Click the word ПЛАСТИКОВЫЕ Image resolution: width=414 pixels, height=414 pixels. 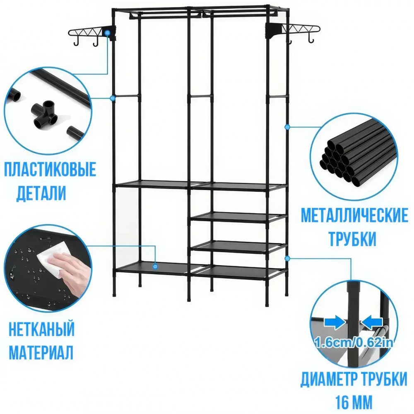(x=50, y=170)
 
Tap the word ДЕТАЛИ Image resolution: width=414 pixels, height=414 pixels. (x=41, y=193)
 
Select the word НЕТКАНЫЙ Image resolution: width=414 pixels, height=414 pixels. (x=42, y=329)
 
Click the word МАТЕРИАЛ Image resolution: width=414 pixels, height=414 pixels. (x=41, y=351)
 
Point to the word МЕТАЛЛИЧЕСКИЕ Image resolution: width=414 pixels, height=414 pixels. (x=355, y=215)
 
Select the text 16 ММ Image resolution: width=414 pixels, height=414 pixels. (x=354, y=402)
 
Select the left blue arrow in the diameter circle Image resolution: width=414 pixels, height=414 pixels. (x=334, y=323)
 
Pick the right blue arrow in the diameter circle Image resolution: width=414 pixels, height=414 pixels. (x=372, y=323)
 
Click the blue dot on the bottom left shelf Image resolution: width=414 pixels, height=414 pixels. (x=155, y=267)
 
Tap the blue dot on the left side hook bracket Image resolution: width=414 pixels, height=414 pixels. (x=107, y=33)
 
